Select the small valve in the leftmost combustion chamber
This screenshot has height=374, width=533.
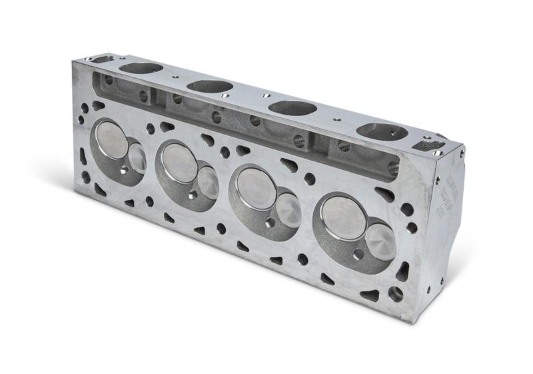(138, 157)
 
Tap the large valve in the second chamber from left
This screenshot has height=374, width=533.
(179, 161)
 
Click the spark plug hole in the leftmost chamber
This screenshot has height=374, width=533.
(125, 172)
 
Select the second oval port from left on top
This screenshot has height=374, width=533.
(209, 86)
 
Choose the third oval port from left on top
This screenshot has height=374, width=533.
(292, 107)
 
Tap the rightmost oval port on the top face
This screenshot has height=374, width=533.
(382, 131)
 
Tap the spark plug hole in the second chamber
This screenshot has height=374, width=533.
(192, 195)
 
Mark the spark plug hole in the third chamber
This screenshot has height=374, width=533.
(270, 221)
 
